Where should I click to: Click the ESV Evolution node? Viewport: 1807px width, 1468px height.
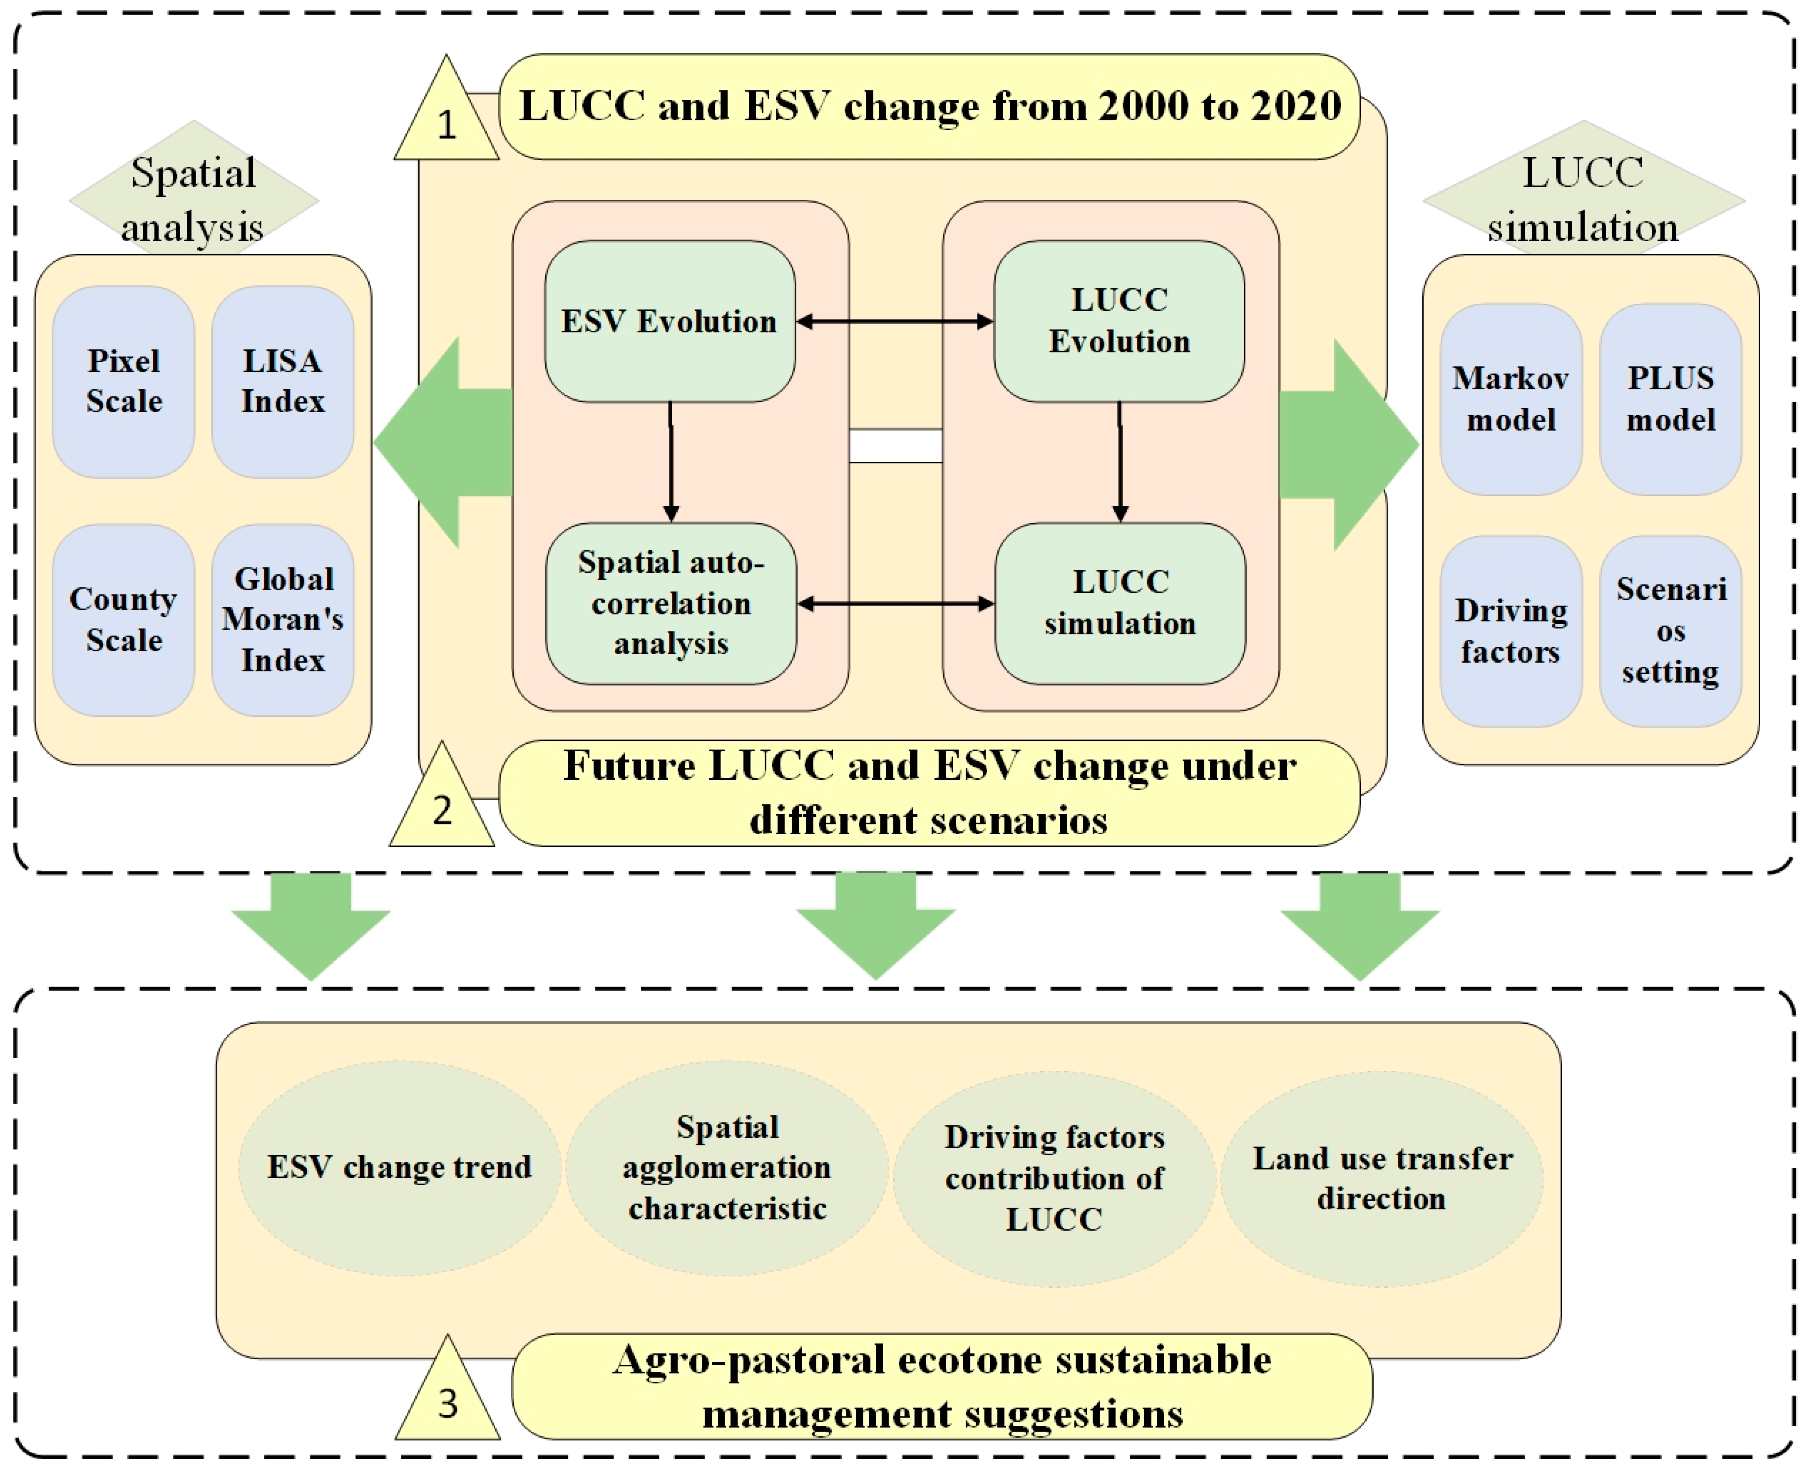pyautogui.click(x=669, y=321)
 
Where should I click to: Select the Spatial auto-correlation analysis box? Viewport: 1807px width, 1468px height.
pyautogui.click(x=671, y=603)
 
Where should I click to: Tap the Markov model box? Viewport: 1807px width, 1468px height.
pyautogui.click(x=1511, y=399)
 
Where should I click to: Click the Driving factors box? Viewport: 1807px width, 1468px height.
pyautogui.click(x=1511, y=631)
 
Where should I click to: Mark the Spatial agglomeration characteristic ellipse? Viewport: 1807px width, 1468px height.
pyautogui.click(x=727, y=1168)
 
